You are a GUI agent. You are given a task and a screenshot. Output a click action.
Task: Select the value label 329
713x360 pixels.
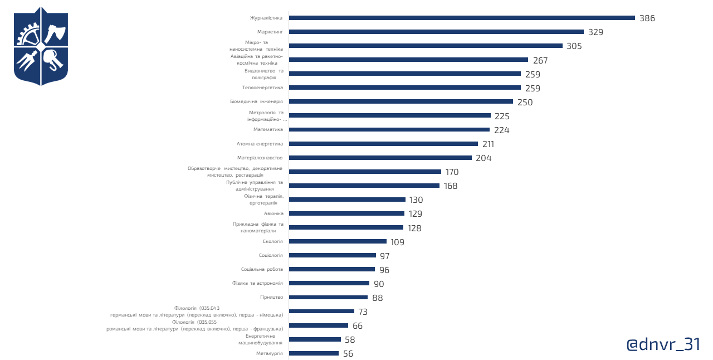[595, 32]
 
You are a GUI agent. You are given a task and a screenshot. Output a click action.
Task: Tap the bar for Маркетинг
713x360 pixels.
[437, 32]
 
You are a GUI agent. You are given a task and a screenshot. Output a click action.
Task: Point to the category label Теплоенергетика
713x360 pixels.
[262, 87]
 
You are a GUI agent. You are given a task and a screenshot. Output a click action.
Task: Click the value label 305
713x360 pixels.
[574, 46]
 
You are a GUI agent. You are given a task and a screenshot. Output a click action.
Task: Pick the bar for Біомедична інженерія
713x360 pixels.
[401, 101]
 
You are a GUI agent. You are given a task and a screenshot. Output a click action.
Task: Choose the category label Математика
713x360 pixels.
[268, 129]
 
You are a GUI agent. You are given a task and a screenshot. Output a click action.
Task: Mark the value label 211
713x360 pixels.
[488, 144]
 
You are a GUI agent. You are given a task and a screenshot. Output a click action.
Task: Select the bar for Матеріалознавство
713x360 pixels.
[380, 158]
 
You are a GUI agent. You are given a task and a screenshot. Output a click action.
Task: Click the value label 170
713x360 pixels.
[452, 172]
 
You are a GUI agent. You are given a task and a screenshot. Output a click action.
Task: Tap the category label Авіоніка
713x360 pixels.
[274, 213]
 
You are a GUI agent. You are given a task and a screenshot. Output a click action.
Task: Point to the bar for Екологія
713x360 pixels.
[338, 241]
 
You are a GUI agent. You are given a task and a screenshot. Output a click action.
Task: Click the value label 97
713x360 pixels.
[384, 256]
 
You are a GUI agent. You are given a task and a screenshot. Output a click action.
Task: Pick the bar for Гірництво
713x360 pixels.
[329, 297]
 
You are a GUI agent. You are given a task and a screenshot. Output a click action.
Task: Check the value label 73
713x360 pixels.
[363, 312]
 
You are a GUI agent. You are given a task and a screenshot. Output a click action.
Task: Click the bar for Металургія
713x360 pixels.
[314, 353]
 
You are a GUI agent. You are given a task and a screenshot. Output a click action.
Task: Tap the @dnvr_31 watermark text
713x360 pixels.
[663, 344]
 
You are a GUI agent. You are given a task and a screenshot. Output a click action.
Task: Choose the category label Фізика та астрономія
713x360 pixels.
[257, 283]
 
